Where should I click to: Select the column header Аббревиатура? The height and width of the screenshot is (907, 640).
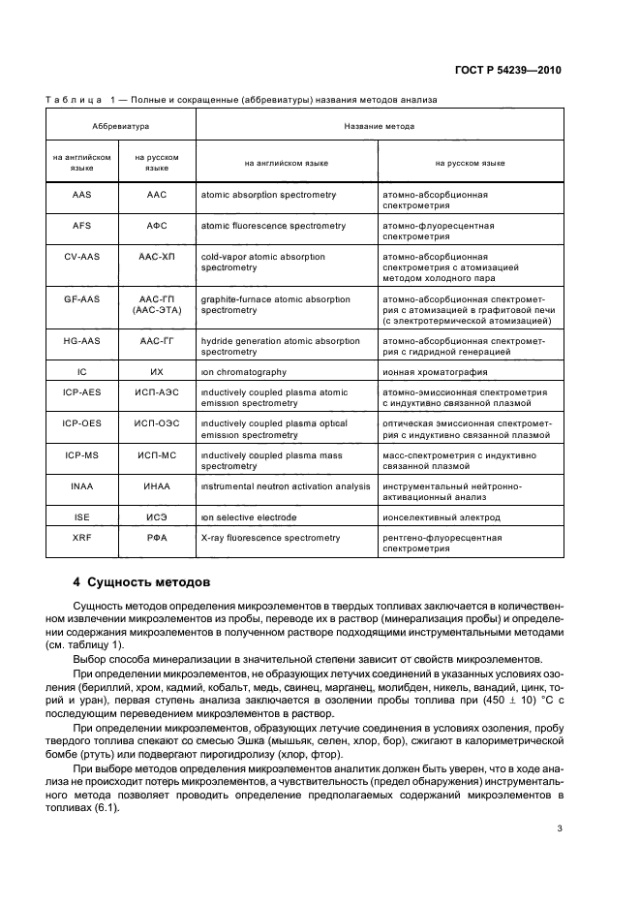[x=121, y=126]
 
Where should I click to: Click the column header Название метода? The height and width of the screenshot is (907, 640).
[x=380, y=126]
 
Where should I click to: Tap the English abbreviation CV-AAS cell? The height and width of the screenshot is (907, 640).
[x=82, y=257]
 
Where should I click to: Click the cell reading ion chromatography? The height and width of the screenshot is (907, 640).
[x=244, y=371]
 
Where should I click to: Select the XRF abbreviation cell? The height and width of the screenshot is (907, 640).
[x=82, y=536]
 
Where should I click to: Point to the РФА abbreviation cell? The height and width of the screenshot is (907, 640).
[x=157, y=536]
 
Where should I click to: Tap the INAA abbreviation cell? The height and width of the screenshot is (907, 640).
[x=82, y=486]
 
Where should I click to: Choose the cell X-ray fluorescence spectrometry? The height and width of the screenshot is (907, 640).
[x=270, y=536]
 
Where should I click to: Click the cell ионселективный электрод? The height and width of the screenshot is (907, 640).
[x=441, y=517]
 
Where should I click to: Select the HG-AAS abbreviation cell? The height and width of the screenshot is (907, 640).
[x=82, y=341]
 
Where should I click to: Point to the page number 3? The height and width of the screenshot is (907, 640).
[x=560, y=828]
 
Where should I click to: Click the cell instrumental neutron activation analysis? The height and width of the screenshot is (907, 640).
[x=286, y=486]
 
